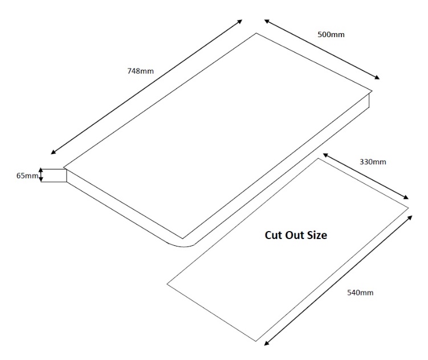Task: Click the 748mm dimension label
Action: coord(141,71)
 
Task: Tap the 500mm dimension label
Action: coord(331,34)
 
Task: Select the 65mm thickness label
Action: coord(27,176)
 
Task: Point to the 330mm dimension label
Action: coord(373,162)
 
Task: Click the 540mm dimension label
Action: coord(360,293)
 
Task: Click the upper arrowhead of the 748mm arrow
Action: coord(240,21)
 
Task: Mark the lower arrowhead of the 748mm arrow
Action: coord(53,152)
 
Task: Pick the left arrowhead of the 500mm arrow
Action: coord(267,21)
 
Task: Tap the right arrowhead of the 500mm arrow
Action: coord(377,78)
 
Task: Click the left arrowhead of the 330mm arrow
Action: coord(325,155)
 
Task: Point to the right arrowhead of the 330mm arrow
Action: coord(406,197)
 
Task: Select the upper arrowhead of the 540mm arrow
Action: coord(410,217)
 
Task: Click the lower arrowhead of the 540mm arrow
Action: coord(267,343)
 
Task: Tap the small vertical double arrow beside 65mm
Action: coord(40,175)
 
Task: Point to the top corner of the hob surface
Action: coord(256,33)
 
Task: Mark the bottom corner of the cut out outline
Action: coord(256,341)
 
